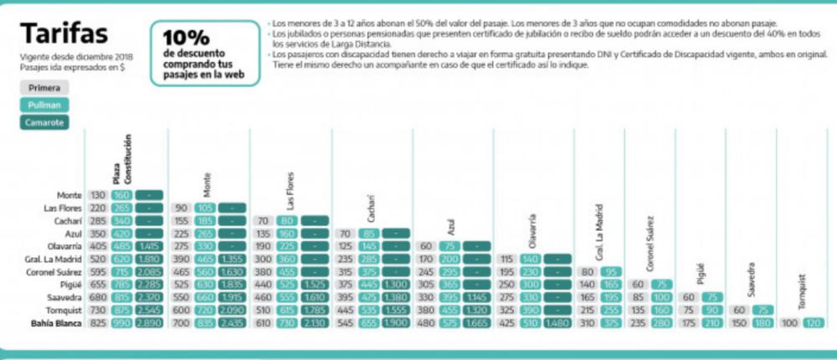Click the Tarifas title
click(x=64, y=33)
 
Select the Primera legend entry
click(x=44, y=87)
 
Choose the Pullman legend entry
click(x=44, y=105)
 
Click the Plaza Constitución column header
click(x=122, y=159)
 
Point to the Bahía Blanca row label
click(x=54, y=323)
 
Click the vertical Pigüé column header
click(x=701, y=273)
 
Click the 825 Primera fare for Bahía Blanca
click(x=97, y=323)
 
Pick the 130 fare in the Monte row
click(x=97, y=195)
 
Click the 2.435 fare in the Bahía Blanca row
click(x=229, y=323)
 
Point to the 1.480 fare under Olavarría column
click(x=557, y=323)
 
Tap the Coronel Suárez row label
click(x=53, y=273)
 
